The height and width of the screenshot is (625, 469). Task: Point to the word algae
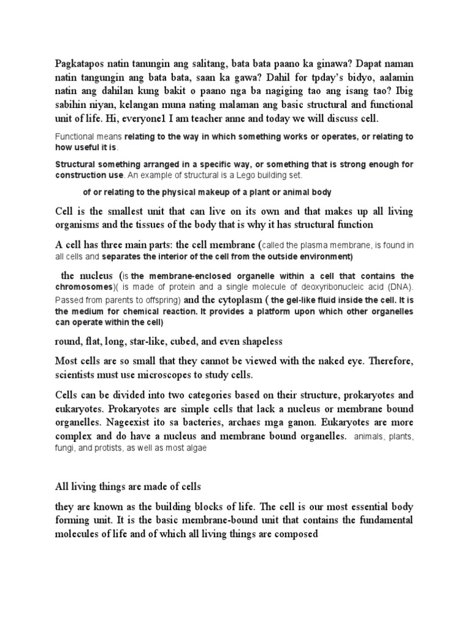pyautogui.click(x=195, y=448)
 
